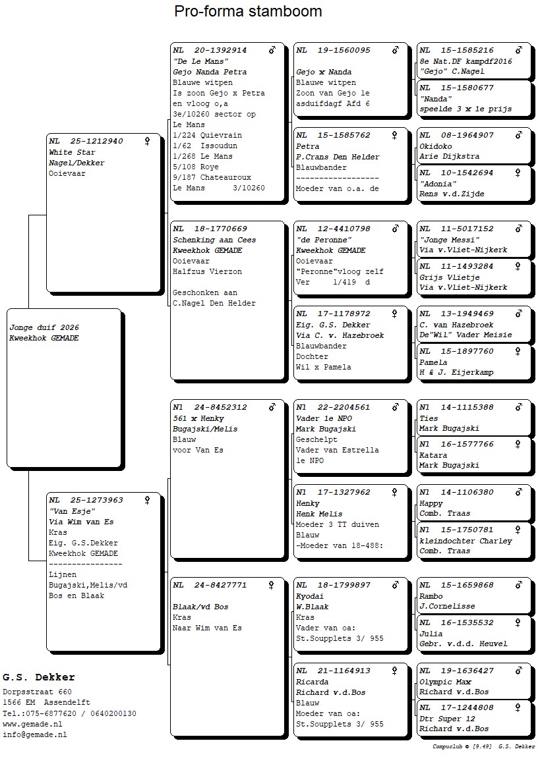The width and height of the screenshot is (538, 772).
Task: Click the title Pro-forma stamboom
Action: [x=248, y=11]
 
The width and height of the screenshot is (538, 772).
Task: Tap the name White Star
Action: [x=72, y=152]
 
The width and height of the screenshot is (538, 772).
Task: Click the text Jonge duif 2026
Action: [x=44, y=327]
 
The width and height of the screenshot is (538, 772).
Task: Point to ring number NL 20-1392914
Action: [x=210, y=50]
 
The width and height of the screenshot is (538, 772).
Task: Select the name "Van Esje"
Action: [x=72, y=511]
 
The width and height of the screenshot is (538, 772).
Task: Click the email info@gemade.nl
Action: [x=34, y=734]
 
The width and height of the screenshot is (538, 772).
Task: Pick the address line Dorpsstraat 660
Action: [x=37, y=692]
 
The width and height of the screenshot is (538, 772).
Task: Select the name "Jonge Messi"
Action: [x=449, y=240]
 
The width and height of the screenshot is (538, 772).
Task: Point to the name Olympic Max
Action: [x=445, y=682]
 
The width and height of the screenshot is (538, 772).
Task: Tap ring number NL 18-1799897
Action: [x=332, y=585]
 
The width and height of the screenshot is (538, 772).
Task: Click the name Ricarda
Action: [x=312, y=682]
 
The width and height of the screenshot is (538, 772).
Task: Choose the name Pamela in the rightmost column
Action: [x=433, y=362]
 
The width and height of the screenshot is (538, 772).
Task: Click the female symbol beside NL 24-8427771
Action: [x=271, y=585]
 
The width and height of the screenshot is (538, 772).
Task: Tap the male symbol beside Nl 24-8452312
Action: [x=272, y=407]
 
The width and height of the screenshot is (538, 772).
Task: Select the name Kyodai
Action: [x=309, y=596]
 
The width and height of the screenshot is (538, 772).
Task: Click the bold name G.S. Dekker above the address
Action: [x=39, y=677]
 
